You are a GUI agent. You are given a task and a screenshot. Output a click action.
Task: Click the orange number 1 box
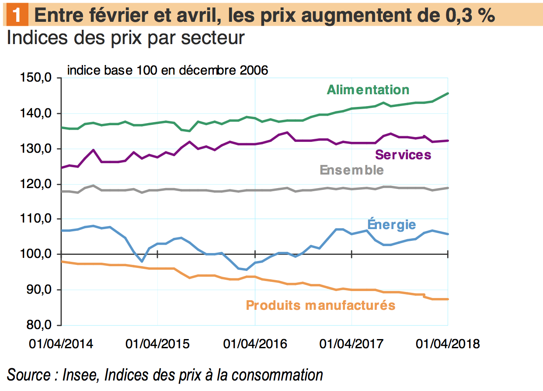(x=17, y=16)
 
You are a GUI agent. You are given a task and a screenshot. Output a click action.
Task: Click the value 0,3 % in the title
(x=465, y=16)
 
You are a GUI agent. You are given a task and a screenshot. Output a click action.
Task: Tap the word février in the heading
(x=121, y=16)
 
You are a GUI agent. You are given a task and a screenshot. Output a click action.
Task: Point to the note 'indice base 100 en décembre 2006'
(x=167, y=70)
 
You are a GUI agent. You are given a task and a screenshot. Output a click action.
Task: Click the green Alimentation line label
(x=368, y=90)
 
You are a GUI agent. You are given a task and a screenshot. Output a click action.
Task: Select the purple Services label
(x=403, y=154)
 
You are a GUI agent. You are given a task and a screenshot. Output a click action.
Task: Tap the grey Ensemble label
(x=352, y=170)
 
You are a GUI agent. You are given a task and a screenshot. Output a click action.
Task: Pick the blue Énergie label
(x=391, y=225)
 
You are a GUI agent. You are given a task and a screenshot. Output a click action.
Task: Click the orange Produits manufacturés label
(x=320, y=305)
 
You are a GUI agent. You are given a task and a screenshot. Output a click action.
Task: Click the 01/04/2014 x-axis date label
(x=61, y=344)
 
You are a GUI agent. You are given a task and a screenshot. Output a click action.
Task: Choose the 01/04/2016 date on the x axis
(x=255, y=344)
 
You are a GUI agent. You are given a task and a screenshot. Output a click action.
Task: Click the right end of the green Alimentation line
(x=448, y=93)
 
